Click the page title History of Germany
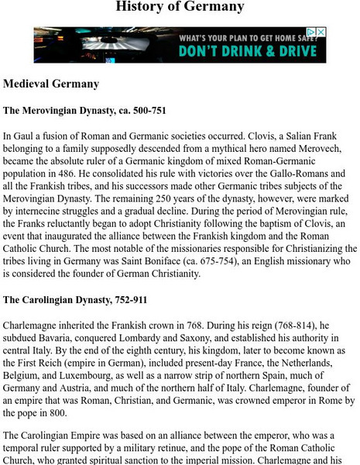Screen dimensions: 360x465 (x=180, y=8)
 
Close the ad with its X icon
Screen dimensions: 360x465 (x=321, y=33)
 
